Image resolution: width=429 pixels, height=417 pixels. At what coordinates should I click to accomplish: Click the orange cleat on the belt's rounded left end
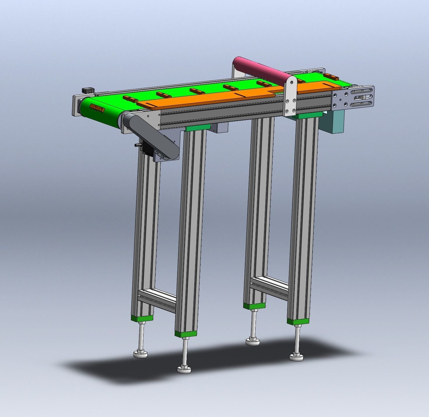(x=97, y=107)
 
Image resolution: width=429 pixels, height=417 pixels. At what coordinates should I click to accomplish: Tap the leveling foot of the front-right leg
(x=297, y=356)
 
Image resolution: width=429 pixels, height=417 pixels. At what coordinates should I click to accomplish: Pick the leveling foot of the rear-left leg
(x=141, y=354)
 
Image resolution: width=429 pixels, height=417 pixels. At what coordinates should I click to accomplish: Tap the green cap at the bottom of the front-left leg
(x=186, y=334)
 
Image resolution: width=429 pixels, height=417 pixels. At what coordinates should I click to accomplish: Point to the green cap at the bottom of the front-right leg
(x=298, y=321)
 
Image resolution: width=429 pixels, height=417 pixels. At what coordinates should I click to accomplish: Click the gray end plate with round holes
(x=342, y=99)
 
